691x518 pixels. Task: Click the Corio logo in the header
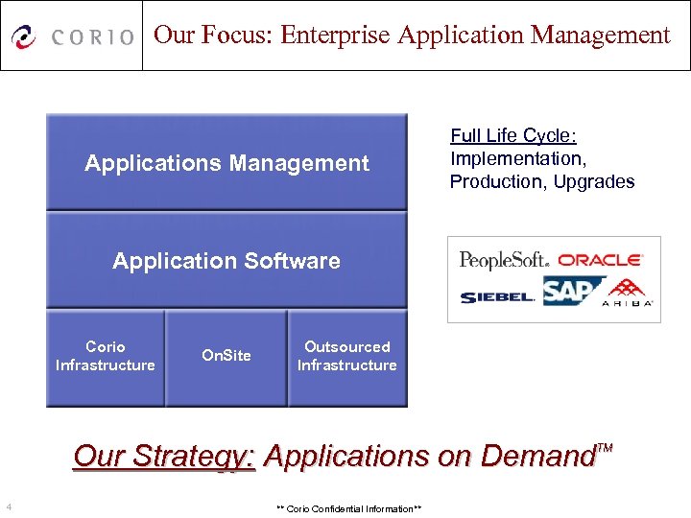72,36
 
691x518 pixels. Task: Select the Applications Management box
226,163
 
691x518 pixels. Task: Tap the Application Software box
226,261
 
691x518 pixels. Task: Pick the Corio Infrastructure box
106,356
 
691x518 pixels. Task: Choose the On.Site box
226,356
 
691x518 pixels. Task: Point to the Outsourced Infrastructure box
347,356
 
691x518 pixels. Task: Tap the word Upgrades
594,182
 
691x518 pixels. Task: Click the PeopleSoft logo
504,259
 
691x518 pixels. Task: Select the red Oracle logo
600,259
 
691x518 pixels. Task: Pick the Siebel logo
497,297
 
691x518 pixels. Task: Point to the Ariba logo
628,294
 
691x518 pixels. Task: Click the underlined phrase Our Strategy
164,456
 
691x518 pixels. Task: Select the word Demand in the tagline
537,457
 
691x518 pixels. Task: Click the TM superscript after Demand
605,448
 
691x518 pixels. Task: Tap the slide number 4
8,506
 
